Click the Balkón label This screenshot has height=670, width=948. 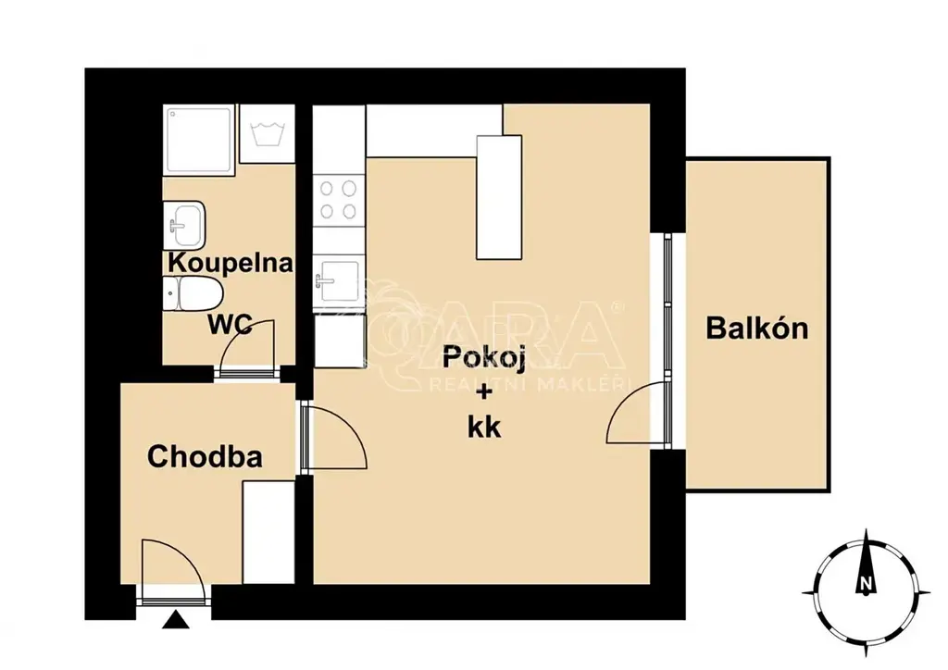click(757, 329)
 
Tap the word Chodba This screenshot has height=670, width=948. click(205, 457)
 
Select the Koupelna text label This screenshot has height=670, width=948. click(231, 264)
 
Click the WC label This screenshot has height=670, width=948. click(231, 325)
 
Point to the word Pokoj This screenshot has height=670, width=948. click(483, 357)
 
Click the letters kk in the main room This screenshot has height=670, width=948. click(484, 428)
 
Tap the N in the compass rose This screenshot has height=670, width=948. click(866, 584)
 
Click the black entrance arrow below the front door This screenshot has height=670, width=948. click(176, 620)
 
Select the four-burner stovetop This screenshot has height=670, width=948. click(339, 201)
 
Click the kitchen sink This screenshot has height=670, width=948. click(339, 279)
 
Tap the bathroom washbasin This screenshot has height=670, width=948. click(184, 225)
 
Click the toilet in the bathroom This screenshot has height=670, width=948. click(193, 294)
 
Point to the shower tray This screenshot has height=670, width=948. click(199, 140)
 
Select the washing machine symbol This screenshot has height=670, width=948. click(268, 133)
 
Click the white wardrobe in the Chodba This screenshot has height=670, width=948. click(268, 532)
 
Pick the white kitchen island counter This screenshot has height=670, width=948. click(499, 197)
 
